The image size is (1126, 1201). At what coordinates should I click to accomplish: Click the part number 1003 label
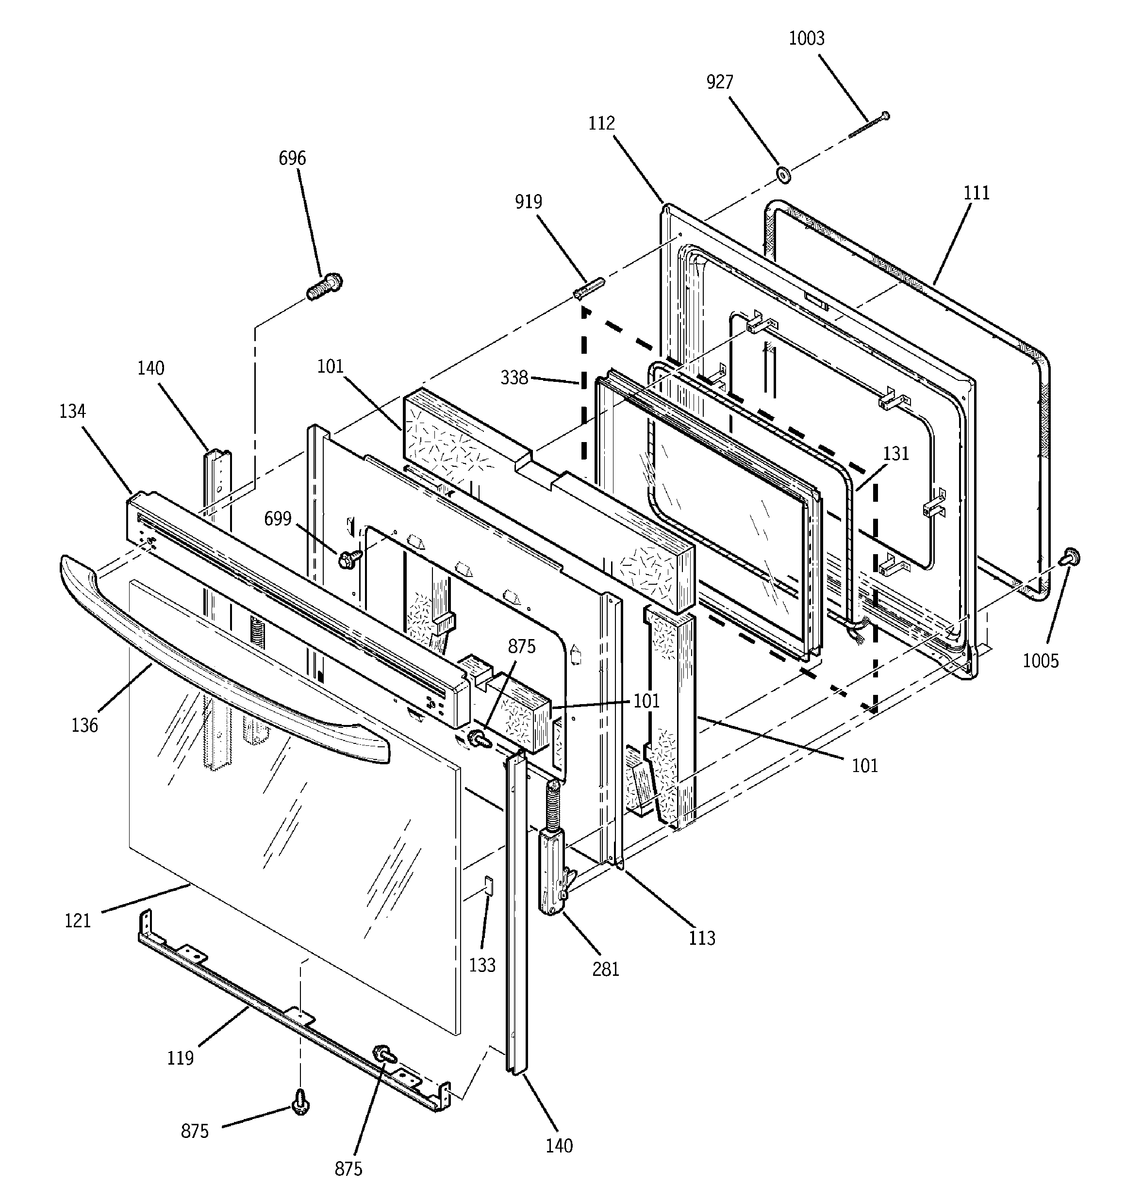(806, 39)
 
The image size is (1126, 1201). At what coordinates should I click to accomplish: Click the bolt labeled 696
(325, 287)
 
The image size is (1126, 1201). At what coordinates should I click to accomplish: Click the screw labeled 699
(349, 559)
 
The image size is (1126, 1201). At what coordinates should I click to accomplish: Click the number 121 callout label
(77, 921)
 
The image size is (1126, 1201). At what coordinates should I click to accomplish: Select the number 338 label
(514, 378)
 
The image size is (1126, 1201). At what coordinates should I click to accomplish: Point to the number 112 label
(601, 123)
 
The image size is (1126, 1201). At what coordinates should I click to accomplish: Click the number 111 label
(976, 193)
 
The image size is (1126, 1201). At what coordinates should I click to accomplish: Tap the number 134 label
(72, 411)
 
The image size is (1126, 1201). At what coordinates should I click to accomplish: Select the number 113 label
(701, 938)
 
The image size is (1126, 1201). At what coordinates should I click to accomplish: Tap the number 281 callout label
(606, 969)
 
